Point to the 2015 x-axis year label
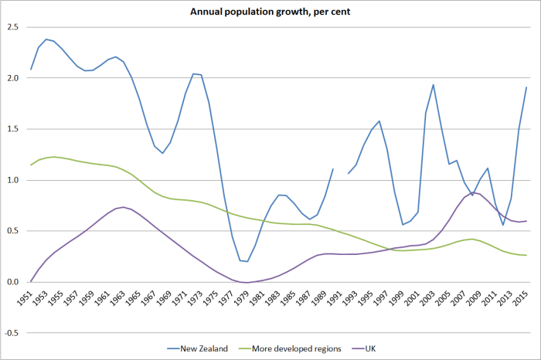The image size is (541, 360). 526,297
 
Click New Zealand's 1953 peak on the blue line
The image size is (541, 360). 46,39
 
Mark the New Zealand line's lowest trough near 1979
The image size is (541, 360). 247,261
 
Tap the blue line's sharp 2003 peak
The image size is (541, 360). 434,84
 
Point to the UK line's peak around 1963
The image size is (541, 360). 124,207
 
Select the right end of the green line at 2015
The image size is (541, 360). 526,255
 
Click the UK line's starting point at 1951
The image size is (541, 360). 31,281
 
